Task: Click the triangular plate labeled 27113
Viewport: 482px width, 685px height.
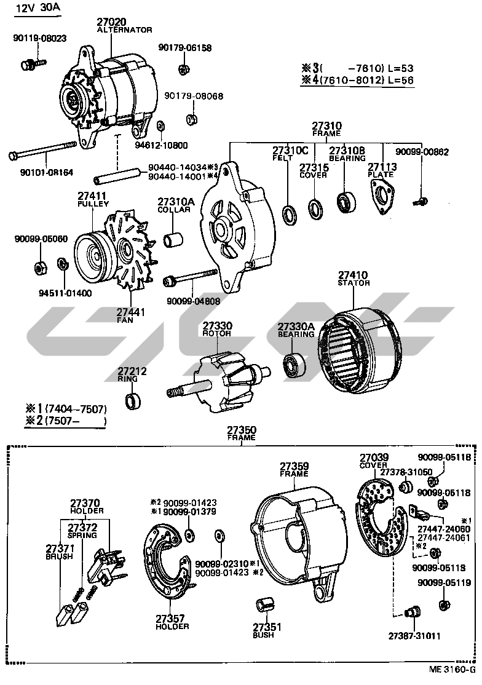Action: tap(381, 199)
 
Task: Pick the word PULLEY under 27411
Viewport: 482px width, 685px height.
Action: tap(93, 204)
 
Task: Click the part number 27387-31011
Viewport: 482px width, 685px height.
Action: tap(414, 635)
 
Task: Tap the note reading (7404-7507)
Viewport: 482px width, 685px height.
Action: tap(71, 409)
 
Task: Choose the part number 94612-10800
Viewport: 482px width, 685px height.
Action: tap(161, 146)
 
